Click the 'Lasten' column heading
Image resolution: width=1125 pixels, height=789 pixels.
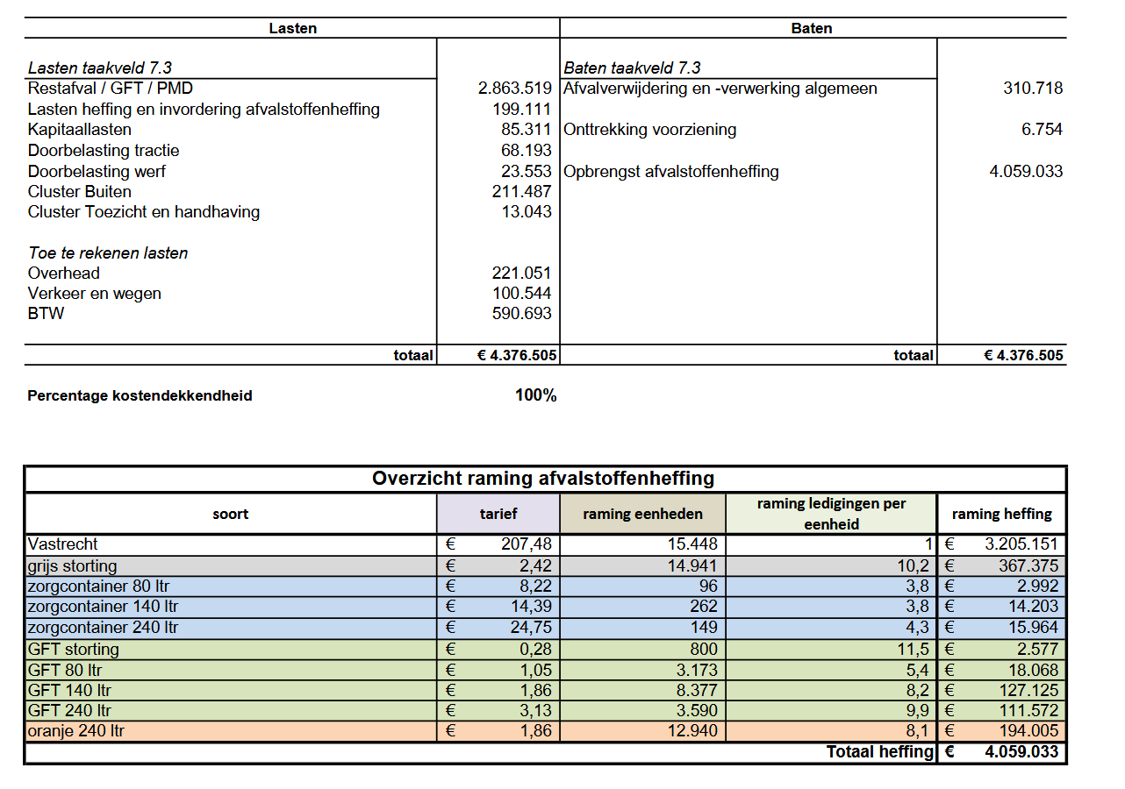292,28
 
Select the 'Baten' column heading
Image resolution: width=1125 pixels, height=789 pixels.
812,28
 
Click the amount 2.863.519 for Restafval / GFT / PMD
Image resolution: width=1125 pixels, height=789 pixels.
514,89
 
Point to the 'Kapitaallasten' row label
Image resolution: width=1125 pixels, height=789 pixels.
80,130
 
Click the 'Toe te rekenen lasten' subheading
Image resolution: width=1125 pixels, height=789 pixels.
108,253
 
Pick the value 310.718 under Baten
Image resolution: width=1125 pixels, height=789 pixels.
1033,89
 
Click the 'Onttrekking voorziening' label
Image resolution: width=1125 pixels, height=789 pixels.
650,130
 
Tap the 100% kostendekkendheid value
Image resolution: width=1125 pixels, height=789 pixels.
535,396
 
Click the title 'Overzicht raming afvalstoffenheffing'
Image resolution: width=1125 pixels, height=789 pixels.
543,479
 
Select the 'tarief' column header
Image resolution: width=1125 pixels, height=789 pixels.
498,515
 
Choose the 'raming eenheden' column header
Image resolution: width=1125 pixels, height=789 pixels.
642,515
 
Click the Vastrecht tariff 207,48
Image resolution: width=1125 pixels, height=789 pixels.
526,544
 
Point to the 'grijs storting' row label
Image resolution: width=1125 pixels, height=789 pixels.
72,566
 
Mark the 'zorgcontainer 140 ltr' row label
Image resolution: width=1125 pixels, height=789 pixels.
103,607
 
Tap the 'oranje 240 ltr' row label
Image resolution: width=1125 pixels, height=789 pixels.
75,731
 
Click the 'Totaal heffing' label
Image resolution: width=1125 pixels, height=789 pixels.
879,752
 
